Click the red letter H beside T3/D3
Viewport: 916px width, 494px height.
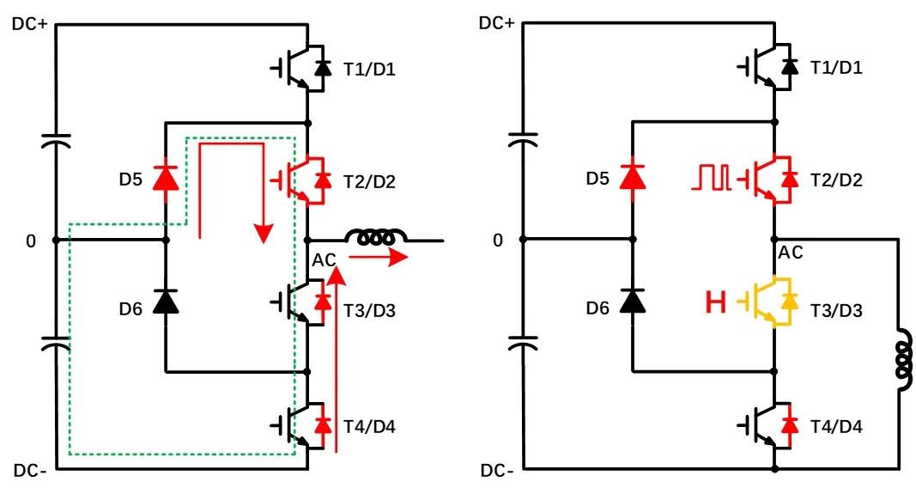(x=715, y=302)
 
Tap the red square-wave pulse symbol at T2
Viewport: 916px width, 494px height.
(x=713, y=178)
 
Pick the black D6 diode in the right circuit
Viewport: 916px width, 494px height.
(x=633, y=301)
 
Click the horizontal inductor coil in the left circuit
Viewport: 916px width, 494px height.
(x=375, y=238)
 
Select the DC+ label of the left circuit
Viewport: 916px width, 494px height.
(x=30, y=23)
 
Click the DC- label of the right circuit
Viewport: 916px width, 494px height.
(x=497, y=472)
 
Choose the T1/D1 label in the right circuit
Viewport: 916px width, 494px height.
(x=837, y=68)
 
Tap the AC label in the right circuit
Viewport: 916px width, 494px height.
(x=790, y=253)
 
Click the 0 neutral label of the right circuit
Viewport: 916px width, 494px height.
(x=499, y=241)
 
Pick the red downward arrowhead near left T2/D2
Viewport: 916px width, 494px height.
(x=264, y=232)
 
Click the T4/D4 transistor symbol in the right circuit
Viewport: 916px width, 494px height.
(x=771, y=424)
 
